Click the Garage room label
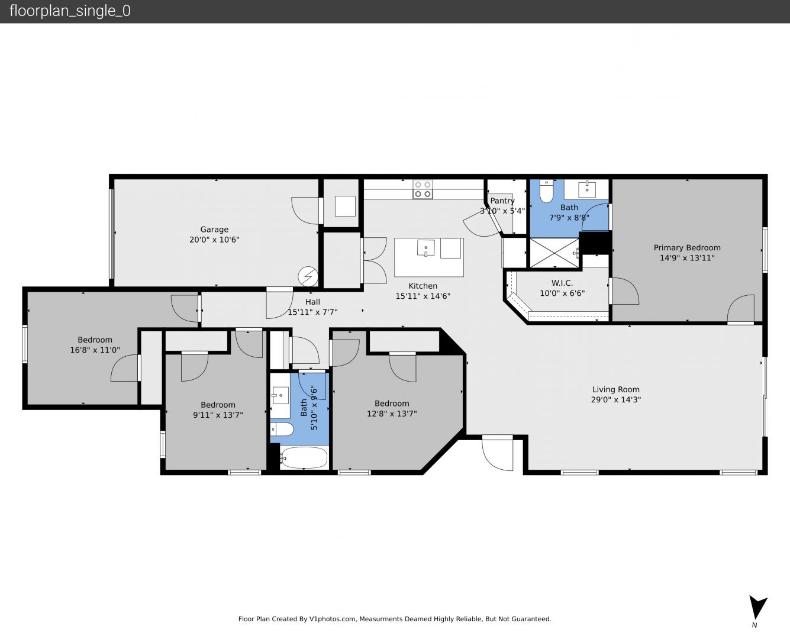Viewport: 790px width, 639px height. [x=214, y=230]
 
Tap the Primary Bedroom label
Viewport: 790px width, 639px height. [x=687, y=248]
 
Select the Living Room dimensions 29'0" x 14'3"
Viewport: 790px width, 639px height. [x=615, y=399]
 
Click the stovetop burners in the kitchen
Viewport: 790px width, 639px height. [x=423, y=189]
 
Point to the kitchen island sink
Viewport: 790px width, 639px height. [x=426, y=248]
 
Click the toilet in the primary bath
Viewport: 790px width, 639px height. [x=546, y=191]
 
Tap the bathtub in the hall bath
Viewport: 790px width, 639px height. [x=304, y=458]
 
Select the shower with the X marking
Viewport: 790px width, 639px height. [x=554, y=253]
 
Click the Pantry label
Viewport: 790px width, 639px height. [x=502, y=201]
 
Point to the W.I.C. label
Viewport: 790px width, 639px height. [x=562, y=283]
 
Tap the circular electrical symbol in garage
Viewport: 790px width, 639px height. [x=308, y=276]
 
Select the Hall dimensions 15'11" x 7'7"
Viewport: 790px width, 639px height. [x=312, y=312]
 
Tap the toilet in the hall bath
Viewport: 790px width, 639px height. [x=282, y=430]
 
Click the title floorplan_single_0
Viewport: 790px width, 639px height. [x=70, y=11]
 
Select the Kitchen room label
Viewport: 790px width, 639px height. [x=423, y=286]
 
